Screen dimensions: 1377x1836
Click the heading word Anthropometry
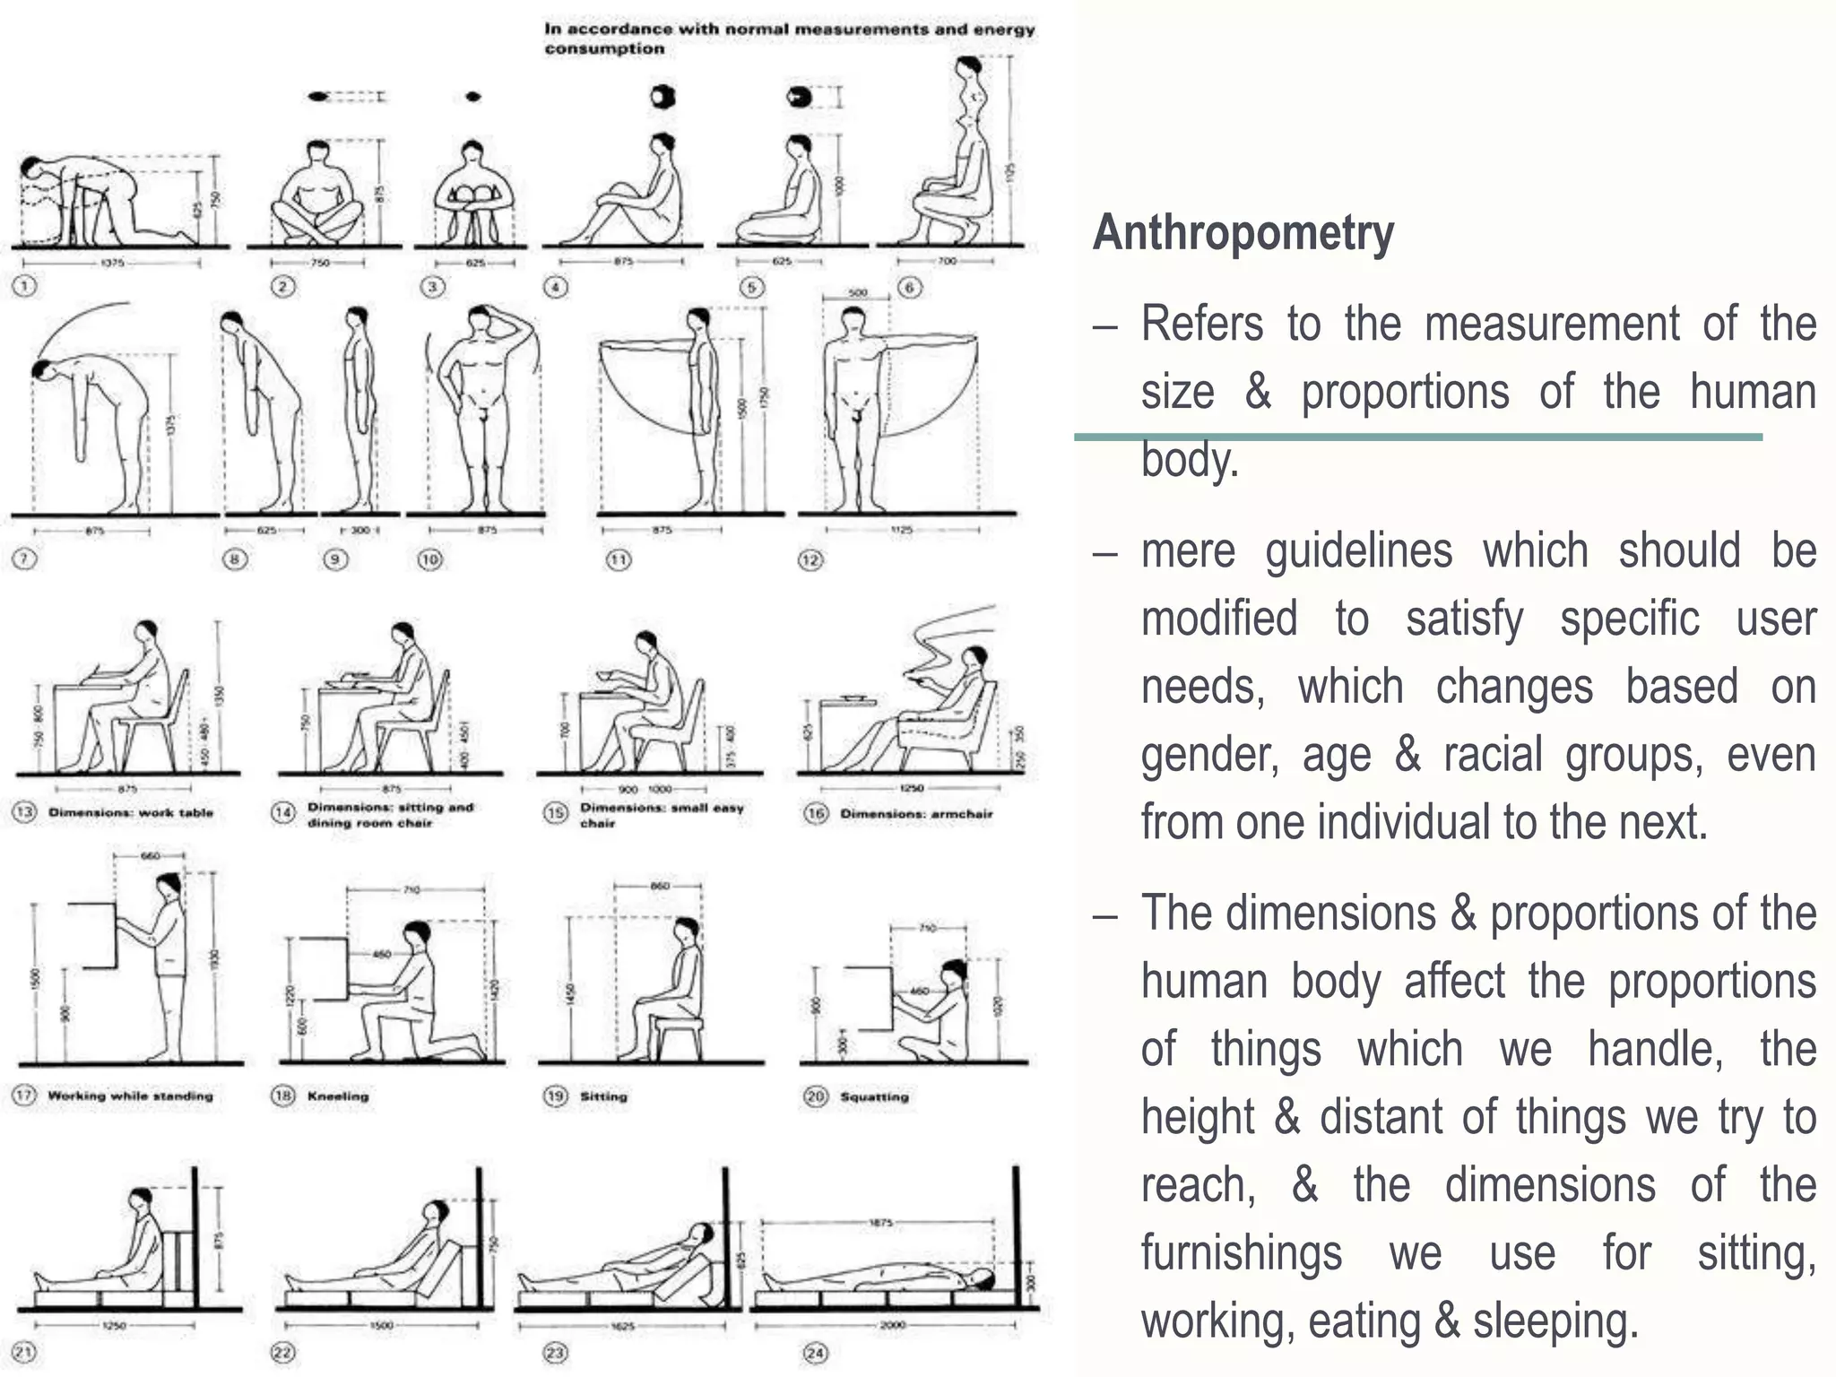coord(1243,233)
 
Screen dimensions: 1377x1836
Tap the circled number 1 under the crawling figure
coord(24,286)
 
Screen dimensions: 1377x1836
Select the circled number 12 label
coord(810,560)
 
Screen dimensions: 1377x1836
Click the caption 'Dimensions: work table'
coord(131,812)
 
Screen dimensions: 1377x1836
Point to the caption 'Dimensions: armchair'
coord(916,814)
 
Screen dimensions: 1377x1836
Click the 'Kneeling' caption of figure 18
coord(338,1096)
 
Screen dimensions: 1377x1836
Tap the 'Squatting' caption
coord(874,1096)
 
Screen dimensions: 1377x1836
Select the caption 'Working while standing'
coord(131,1096)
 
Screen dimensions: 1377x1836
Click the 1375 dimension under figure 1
coord(112,264)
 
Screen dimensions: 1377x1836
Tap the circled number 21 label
coord(24,1352)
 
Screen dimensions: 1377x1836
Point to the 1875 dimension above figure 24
coord(881,1222)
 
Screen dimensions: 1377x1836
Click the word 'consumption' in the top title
coord(604,48)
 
